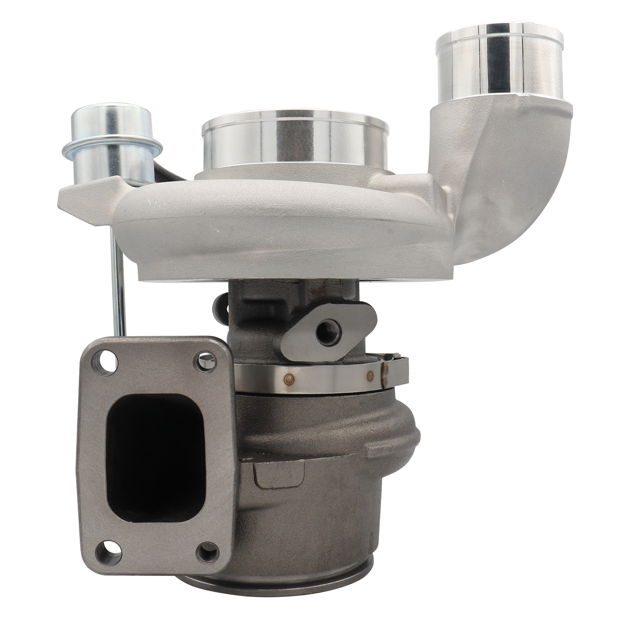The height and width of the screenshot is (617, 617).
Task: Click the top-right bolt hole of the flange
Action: tap(205, 362)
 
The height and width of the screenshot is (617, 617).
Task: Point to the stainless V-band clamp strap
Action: tap(316, 376)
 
